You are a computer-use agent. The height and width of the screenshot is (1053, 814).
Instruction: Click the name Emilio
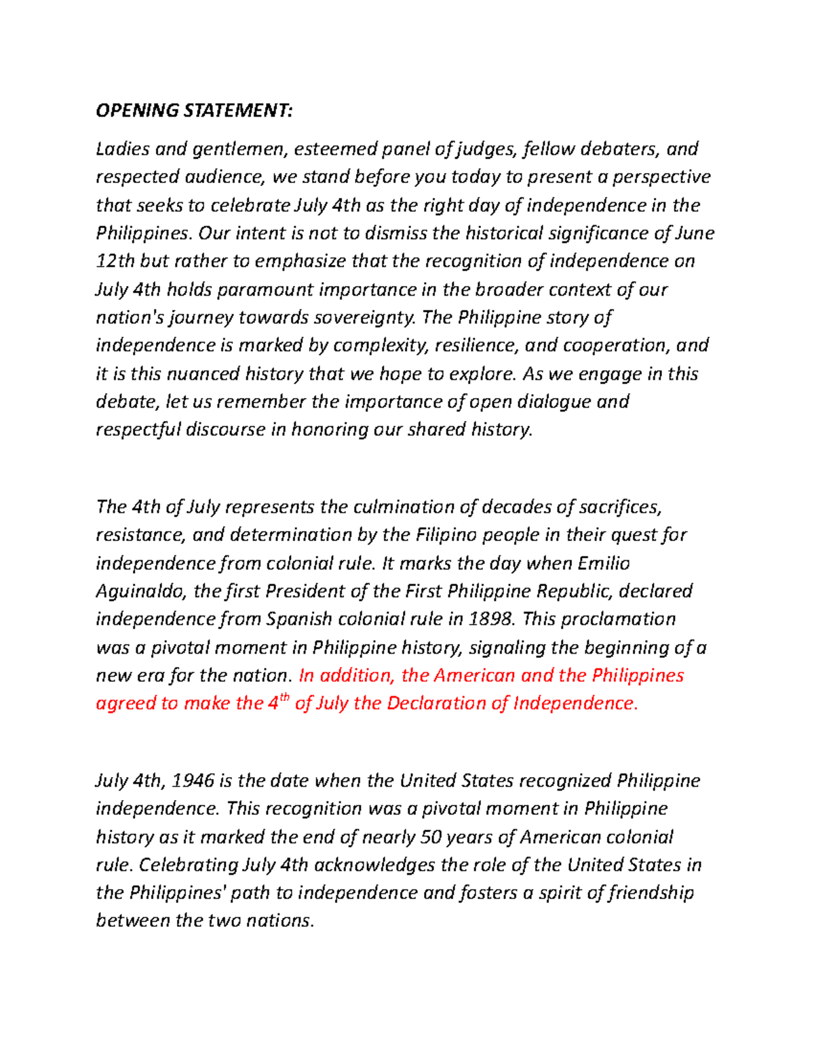click(x=603, y=563)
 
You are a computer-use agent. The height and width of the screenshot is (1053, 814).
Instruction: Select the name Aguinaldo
click(x=141, y=591)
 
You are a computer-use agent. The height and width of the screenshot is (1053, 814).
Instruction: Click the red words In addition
click(x=345, y=675)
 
